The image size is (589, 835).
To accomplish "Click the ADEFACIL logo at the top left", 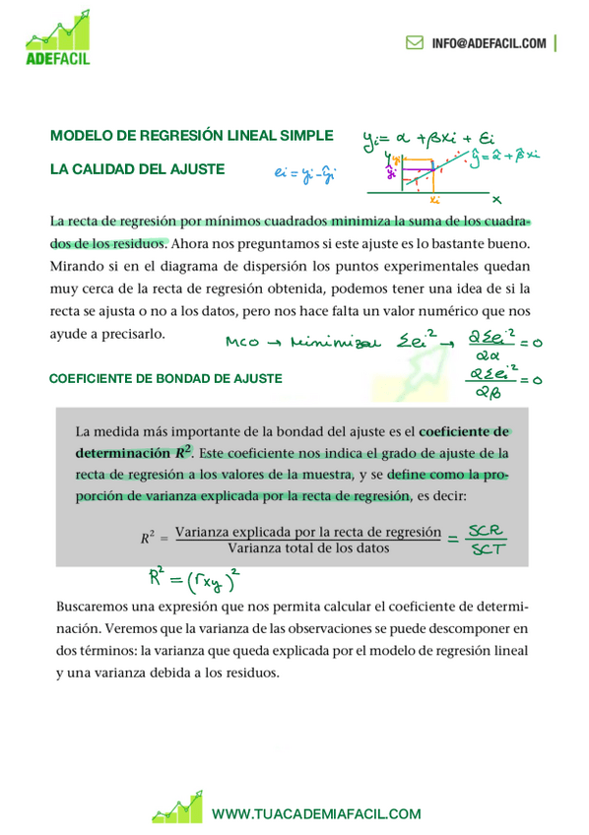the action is click(59, 40).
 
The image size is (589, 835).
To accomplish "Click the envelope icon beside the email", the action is click(415, 43).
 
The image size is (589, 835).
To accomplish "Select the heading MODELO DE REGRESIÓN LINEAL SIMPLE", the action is click(191, 136).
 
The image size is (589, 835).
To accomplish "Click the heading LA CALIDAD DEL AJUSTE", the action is click(137, 170).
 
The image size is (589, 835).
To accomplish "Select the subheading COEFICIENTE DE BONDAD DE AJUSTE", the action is click(164, 378).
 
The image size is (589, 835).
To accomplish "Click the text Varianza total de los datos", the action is click(307, 547).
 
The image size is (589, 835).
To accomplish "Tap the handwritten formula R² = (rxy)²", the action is click(194, 578).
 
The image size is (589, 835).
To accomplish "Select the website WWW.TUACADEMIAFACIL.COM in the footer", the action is click(315, 813).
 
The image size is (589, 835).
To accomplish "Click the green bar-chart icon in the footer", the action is click(176, 807).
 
